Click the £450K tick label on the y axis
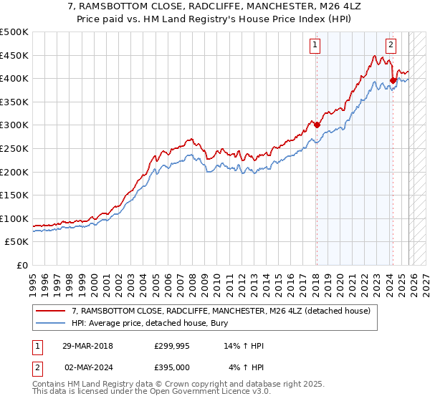[x=14, y=55]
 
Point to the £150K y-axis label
[x=14, y=195]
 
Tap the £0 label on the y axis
[x=21, y=265]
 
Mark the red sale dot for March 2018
[x=317, y=125]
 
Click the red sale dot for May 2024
[x=393, y=81]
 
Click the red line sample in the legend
[x=51, y=311]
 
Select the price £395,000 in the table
[x=172, y=367]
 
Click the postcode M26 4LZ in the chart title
[x=310, y=6]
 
